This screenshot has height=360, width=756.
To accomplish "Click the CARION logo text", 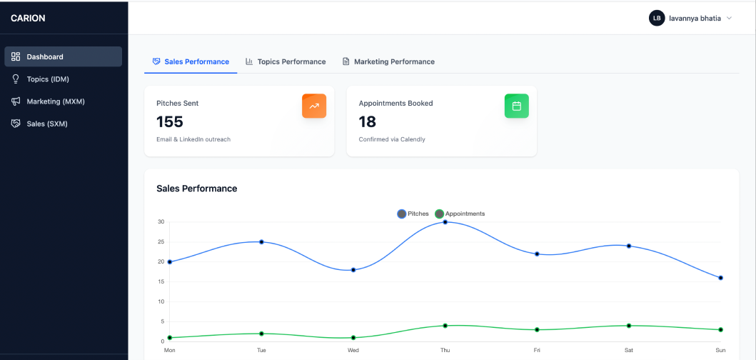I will click(x=28, y=19).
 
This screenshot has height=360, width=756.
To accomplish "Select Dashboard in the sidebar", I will click(x=45, y=56).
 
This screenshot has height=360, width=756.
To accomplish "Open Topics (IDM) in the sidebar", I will click(x=48, y=79).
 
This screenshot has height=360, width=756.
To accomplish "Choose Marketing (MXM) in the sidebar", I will click(x=56, y=101).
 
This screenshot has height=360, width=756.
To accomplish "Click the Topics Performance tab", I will click(x=286, y=61).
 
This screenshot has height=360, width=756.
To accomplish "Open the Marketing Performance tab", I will click(x=388, y=61).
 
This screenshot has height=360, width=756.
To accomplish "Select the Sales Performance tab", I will click(x=191, y=61).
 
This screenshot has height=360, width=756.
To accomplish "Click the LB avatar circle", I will click(x=657, y=18).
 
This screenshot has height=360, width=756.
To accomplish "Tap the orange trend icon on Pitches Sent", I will click(x=314, y=106).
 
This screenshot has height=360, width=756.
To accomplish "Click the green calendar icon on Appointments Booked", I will click(x=517, y=106).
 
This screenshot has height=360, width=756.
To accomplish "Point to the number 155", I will click(x=170, y=121).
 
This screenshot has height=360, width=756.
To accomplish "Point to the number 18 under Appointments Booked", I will click(x=367, y=121).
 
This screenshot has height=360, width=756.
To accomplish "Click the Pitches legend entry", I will click(x=413, y=214).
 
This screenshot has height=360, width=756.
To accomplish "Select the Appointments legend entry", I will click(x=460, y=214).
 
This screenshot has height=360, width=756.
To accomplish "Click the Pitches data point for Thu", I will click(x=445, y=222).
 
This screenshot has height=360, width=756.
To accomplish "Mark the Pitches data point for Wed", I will click(x=353, y=270).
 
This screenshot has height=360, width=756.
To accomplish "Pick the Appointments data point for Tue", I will click(x=262, y=334).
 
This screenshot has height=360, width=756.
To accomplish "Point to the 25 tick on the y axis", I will click(x=161, y=242).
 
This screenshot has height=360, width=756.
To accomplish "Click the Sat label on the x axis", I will click(x=629, y=351).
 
